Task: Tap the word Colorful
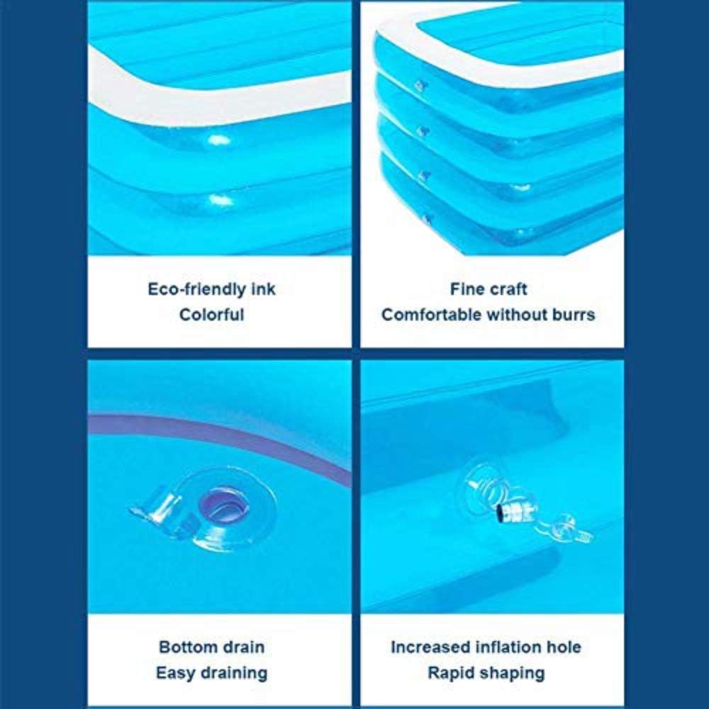[211, 315]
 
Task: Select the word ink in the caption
[263, 289]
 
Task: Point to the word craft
[509, 289]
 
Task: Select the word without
[515, 315]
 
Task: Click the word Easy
[176, 673]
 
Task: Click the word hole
[564, 647]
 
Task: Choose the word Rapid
[452, 673]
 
